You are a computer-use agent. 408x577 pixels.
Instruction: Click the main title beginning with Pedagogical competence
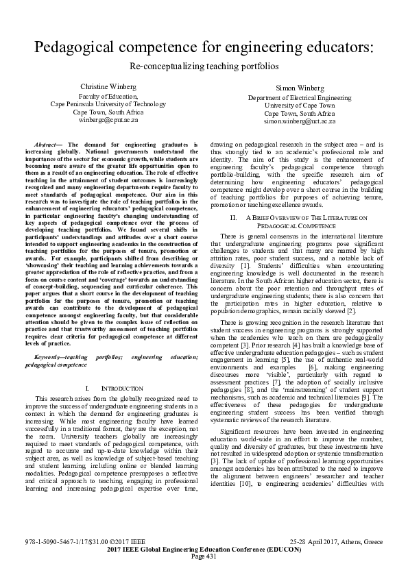pos(204,47)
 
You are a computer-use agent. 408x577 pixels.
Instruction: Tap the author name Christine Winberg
pos(108,87)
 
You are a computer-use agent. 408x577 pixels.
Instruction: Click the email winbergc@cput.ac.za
pos(108,119)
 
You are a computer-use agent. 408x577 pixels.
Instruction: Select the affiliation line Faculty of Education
pos(108,96)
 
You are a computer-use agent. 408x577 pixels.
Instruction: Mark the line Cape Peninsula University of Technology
pos(108,103)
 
